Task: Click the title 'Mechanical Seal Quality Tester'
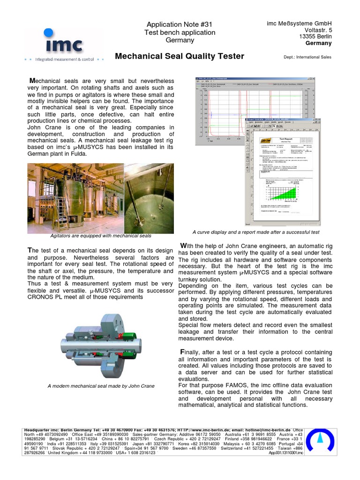click(x=180, y=56)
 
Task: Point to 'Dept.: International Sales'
click(x=307, y=57)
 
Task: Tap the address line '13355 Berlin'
click(x=315, y=37)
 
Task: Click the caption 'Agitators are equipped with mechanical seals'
click(x=101, y=236)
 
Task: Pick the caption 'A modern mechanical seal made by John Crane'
click(x=101, y=386)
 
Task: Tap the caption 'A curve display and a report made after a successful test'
click(x=256, y=232)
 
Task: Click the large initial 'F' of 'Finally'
click(x=182, y=352)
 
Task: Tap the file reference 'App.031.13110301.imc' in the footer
click(x=286, y=453)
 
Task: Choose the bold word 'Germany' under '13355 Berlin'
click(x=318, y=43)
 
